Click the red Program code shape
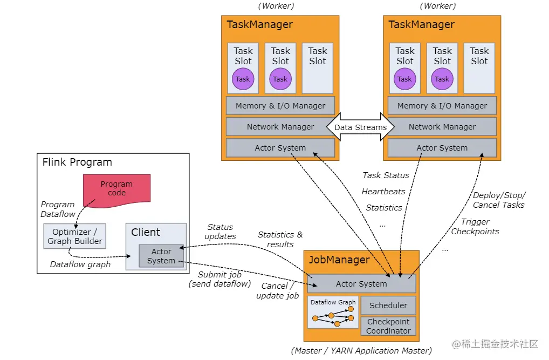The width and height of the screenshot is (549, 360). (116, 188)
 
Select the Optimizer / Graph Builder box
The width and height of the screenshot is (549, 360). (74, 236)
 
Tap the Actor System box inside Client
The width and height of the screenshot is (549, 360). (161, 256)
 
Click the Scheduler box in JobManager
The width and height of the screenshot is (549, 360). (388, 305)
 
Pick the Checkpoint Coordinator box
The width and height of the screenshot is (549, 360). (388, 326)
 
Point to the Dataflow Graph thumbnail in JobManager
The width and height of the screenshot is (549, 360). (333, 313)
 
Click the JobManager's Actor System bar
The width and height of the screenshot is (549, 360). (361, 284)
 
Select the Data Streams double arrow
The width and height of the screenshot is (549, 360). (360, 127)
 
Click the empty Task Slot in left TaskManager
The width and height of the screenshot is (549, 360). (318, 68)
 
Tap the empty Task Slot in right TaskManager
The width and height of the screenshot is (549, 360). (479, 68)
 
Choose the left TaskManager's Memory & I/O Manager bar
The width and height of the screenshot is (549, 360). (280, 106)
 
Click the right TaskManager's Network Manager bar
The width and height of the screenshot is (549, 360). (442, 127)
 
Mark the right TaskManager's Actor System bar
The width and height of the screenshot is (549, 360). (442, 148)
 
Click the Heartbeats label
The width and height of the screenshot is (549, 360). (383, 191)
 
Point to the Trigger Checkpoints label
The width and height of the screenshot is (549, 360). (475, 227)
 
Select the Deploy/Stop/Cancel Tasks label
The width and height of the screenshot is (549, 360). (499, 200)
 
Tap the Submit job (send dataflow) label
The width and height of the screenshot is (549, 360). (219, 279)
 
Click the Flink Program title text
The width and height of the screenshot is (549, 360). (77, 162)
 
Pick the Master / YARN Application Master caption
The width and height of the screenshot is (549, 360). (361, 351)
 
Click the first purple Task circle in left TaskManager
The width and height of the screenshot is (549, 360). (243, 79)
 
